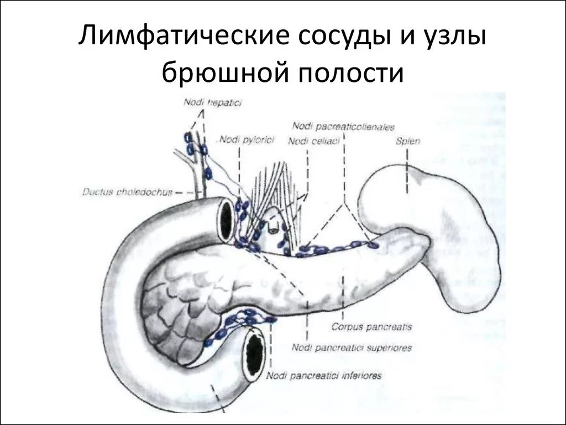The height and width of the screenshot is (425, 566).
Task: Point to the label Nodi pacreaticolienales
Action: click(343, 126)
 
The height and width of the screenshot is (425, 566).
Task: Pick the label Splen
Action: click(408, 141)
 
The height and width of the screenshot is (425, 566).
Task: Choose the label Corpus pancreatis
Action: click(371, 327)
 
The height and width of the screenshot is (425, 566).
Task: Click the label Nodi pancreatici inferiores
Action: click(324, 375)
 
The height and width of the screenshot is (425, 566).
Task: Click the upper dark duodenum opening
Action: click(226, 220)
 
